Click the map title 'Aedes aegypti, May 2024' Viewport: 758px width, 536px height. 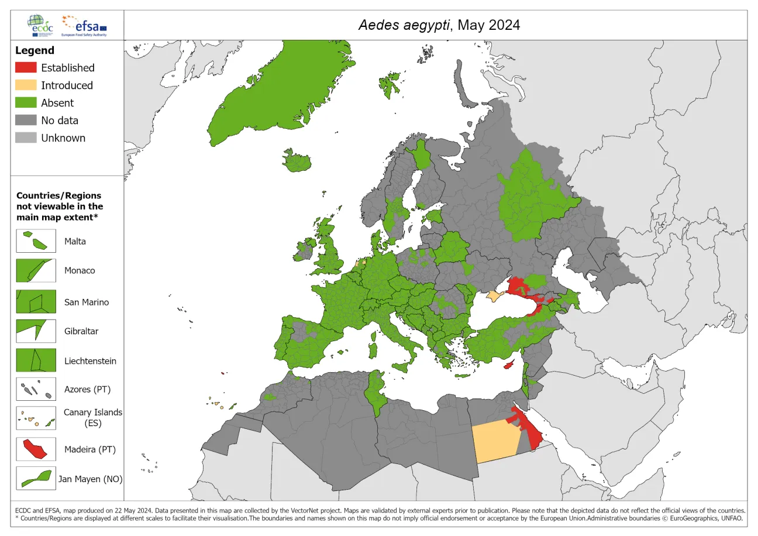click(439, 25)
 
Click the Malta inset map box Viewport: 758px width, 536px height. click(36, 241)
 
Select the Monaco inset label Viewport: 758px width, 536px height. click(80, 271)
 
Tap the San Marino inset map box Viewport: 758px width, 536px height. click(36, 302)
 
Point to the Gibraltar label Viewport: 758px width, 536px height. click(81, 331)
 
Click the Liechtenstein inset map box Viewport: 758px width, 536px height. click(36, 360)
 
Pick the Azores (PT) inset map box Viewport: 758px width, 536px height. click(36, 389)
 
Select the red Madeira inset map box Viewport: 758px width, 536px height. click(36, 449)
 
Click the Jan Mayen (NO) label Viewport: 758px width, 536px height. click(90, 479)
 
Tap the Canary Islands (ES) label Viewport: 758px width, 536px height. click(93, 417)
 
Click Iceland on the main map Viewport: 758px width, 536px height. click(299, 160)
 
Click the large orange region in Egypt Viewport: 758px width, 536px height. click(495, 441)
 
